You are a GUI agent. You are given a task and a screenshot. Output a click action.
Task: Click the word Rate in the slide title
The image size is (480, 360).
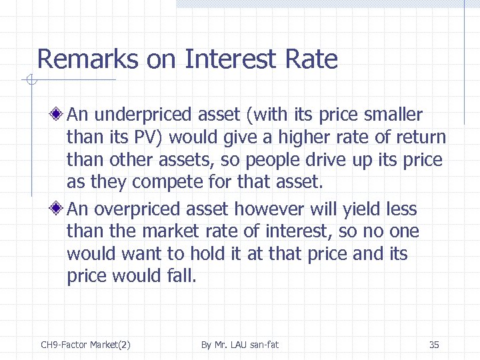pyautogui.click(x=311, y=59)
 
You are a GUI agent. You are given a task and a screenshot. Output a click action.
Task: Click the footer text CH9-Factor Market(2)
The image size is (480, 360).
pyautogui.click(x=85, y=345)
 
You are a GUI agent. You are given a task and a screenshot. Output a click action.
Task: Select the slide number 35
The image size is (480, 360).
pyautogui.click(x=434, y=345)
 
